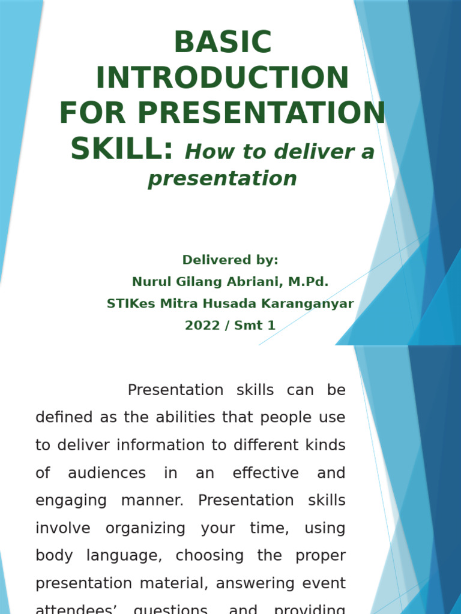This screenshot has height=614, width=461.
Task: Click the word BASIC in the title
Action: coord(223,43)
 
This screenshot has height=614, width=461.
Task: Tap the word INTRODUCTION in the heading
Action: coord(223,78)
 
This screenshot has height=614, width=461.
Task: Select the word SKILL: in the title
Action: coord(122,149)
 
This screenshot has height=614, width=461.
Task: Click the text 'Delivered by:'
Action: coord(230,260)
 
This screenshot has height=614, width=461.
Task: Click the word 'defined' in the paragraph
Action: coord(63,417)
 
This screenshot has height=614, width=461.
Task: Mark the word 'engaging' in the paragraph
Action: coord(70,501)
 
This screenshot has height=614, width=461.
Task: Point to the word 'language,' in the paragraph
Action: coord(124,556)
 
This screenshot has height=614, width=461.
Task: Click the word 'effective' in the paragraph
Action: coord(265,473)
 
